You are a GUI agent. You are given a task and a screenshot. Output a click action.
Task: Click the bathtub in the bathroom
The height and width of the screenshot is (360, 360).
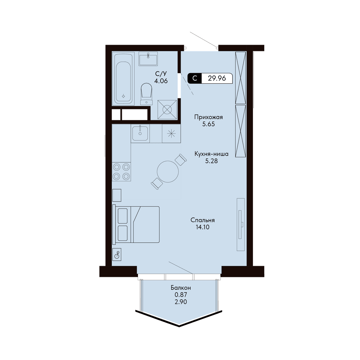[123, 78]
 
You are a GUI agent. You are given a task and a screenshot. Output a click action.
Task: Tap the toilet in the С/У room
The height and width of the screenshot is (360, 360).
[146, 94]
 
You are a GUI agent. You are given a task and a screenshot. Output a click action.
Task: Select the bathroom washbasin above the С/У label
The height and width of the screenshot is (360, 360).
[148, 59]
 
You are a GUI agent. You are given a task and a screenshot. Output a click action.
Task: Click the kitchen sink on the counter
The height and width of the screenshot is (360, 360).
[140, 133]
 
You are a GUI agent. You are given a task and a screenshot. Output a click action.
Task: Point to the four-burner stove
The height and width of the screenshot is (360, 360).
[121, 172]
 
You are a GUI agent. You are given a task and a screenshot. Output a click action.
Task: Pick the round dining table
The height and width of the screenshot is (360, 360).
[168, 172]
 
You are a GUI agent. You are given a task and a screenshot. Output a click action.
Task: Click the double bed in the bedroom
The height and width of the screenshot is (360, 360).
[136, 224]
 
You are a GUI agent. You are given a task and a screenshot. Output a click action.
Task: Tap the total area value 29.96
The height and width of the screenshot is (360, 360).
[217, 78]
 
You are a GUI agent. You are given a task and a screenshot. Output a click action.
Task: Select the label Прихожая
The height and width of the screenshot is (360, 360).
[208, 117]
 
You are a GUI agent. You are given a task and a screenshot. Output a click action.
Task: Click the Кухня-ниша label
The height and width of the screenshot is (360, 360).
[211, 154]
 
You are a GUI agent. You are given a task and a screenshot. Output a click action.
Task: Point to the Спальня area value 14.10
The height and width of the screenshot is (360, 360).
[202, 227]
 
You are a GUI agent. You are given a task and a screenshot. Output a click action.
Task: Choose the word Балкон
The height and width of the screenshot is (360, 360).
[181, 288]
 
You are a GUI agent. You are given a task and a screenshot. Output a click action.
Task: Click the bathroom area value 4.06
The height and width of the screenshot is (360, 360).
[161, 81]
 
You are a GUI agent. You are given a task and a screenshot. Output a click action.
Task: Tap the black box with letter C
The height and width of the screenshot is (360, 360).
[194, 78]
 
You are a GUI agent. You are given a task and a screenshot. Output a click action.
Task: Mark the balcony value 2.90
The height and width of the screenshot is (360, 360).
[181, 302]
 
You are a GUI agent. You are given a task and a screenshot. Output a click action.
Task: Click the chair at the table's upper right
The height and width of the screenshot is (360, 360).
[181, 160]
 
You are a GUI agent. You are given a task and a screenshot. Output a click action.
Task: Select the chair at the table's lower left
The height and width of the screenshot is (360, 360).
[157, 183]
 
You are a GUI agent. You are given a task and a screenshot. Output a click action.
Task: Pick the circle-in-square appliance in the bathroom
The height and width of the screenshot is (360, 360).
[167, 110]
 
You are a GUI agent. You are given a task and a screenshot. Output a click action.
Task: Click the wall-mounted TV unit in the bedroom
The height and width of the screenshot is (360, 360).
[241, 224]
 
